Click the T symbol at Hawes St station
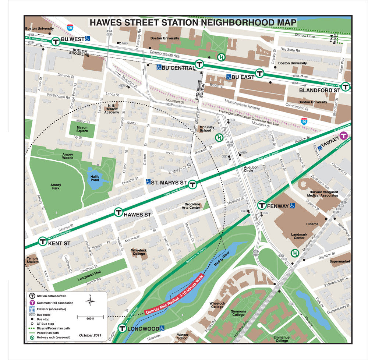(118, 212)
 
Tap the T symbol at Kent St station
(42, 241)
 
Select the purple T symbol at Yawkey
(344, 135)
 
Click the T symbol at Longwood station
(122, 328)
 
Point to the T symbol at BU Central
(199, 64)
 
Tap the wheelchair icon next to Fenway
(292, 205)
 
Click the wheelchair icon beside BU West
(88, 38)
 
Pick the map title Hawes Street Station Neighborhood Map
(193, 23)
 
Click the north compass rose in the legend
(90, 301)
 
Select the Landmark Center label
(299, 236)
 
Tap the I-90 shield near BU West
(70, 27)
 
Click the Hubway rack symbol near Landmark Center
(294, 253)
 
